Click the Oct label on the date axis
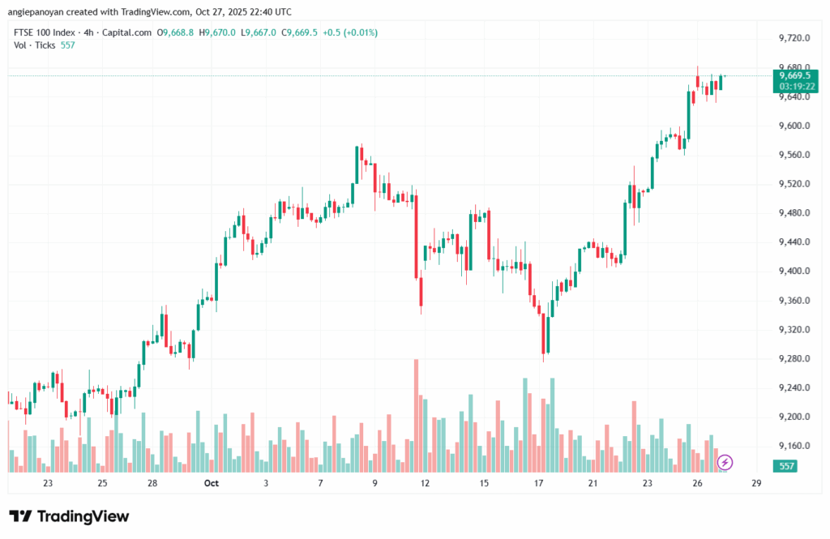click(212, 483)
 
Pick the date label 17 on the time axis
click(537, 483)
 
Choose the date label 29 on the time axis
click(755, 483)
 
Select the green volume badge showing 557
click(785, 466)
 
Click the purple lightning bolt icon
click(725, 462)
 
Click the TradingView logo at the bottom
click(69, 516)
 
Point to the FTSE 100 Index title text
click(46, 32)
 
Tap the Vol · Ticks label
click(35, 45)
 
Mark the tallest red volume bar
click(416, 415)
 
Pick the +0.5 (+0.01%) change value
click(355, 32)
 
